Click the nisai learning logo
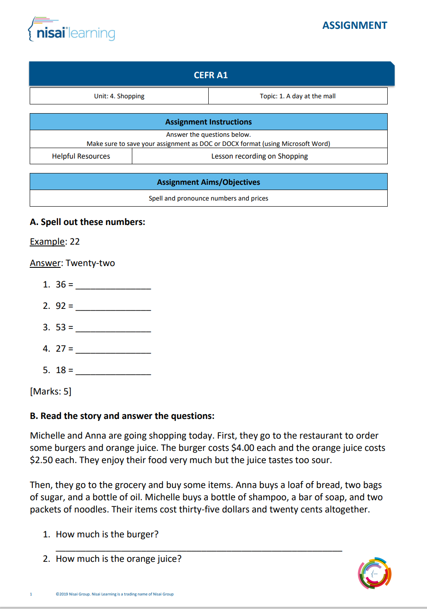point(72,30)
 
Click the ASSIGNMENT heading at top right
point(355,25)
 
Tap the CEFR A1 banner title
point(210,75)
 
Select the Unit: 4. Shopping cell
point(119,96)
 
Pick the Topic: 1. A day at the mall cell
point(298,96)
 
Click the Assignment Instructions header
point(208,122)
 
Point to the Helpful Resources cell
point(81,156)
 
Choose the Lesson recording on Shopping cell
point(259,156)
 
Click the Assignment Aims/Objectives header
point(208,182)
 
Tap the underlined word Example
point(47,242)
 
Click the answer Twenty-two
point(90,263)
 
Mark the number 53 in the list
point(61,327)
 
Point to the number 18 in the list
point(61,370)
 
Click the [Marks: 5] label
point(51,391)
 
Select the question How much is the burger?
point(107,534)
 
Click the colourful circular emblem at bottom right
point(375,573)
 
